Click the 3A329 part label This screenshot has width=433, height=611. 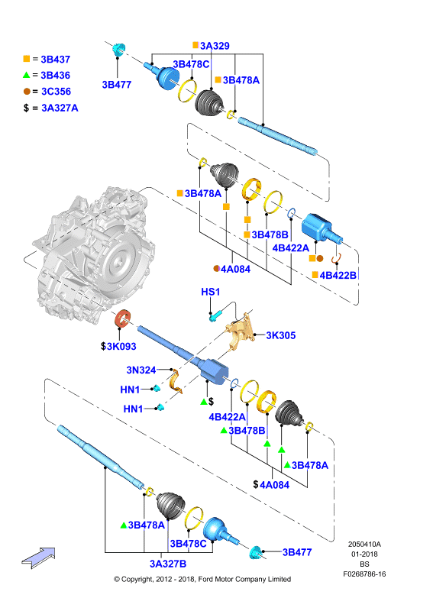[x=215, y=46]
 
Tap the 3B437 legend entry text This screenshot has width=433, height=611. [x=55, y=60]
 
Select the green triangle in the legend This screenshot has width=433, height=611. [x=27, y=75]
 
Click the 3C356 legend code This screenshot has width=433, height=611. [x=56, y=92]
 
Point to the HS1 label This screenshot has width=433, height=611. [x=211, y=292]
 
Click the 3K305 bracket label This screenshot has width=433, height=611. [x=280, y=335]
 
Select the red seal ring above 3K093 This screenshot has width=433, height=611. [x=123, y=319]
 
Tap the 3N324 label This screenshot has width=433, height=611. [x=141, y=370]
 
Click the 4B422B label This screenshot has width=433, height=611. [x=338, y=275]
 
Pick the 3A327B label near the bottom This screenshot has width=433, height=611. [x=168, y=564]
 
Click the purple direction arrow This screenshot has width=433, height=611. [x=38, y=558]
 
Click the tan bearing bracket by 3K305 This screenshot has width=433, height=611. [x=241, y=331]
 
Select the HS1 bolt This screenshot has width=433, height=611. [x=215, y=315]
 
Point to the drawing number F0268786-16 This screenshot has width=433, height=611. [x=364, y=574]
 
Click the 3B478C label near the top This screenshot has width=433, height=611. [x=191, y=64]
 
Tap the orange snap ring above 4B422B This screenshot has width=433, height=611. [x=336, y=258]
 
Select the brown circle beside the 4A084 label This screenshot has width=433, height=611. [x=217, y=269]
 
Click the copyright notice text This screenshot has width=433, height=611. [x=202, y=580]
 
